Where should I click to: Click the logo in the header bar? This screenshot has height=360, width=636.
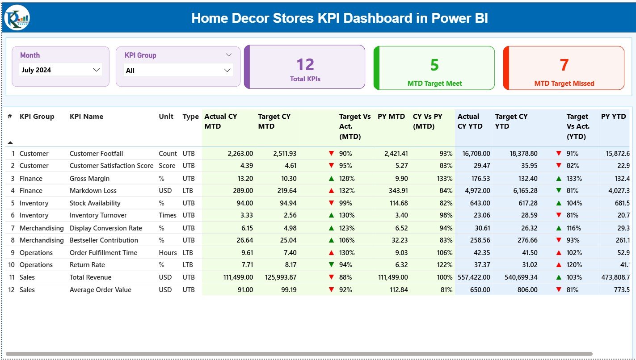tap(17, 18)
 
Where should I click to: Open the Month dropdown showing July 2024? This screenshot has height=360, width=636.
tap(61, 70)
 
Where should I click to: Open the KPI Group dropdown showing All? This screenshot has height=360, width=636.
tap(178, 70)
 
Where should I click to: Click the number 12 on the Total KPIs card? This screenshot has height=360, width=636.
tap(305, 65)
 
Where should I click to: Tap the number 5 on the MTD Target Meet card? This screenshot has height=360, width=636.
tap(434, 65)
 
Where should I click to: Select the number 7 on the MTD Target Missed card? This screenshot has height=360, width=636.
tap(564, 65)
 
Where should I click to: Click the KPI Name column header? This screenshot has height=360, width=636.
tap(86, 117)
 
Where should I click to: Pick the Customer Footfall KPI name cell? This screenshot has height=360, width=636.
tap(96, 154)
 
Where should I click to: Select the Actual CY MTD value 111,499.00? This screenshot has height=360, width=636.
tap(238, 277)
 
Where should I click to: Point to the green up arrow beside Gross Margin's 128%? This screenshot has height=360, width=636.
tap(331, 179)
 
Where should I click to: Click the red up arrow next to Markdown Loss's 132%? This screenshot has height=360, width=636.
tap(331, 191)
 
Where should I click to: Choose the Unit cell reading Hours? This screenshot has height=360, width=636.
tap(168, 253)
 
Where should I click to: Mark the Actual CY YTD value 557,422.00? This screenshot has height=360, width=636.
tap(473, 277)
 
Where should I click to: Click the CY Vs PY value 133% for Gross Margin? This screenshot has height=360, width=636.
tap(445, 179)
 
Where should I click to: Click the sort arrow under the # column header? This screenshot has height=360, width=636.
tap(10, 142)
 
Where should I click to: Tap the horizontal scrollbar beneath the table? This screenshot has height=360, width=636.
tap(299, 354)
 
